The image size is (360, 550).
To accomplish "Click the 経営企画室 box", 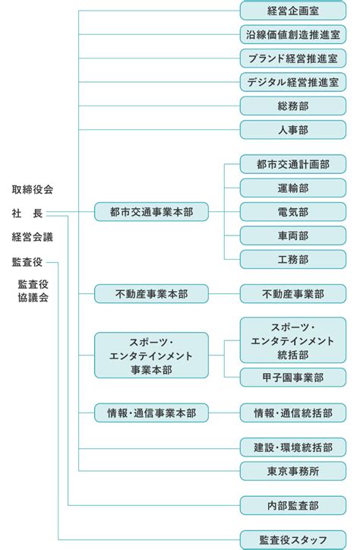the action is [293, 11].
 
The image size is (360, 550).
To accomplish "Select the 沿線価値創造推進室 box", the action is [293, 35].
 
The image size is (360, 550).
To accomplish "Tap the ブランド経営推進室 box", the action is [293, 58].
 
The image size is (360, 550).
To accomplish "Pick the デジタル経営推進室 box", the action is [293, 82].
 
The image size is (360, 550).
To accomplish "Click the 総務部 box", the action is [293, 106].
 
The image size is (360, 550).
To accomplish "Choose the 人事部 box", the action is [293, 130].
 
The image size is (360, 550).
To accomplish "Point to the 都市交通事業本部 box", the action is [151, 212].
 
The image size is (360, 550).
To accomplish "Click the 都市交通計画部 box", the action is [293, 164].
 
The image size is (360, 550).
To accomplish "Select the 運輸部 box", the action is [293, 188].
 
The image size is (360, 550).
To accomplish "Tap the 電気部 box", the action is [293, 212].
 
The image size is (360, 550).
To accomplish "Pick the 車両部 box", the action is [293, 235].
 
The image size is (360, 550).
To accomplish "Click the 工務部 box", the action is [293, 260].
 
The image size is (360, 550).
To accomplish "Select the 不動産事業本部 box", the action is [151, 294].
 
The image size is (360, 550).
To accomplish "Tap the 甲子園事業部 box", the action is [293, 378].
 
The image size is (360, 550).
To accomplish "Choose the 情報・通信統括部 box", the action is [293, 412].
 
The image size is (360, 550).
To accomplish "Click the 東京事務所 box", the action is [293, 471].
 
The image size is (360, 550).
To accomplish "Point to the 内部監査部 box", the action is [293, 505].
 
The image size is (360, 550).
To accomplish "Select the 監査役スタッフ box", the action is [293, 540].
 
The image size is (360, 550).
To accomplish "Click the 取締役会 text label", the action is [32, 190].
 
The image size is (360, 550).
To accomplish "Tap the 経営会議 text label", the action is [32, 237].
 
